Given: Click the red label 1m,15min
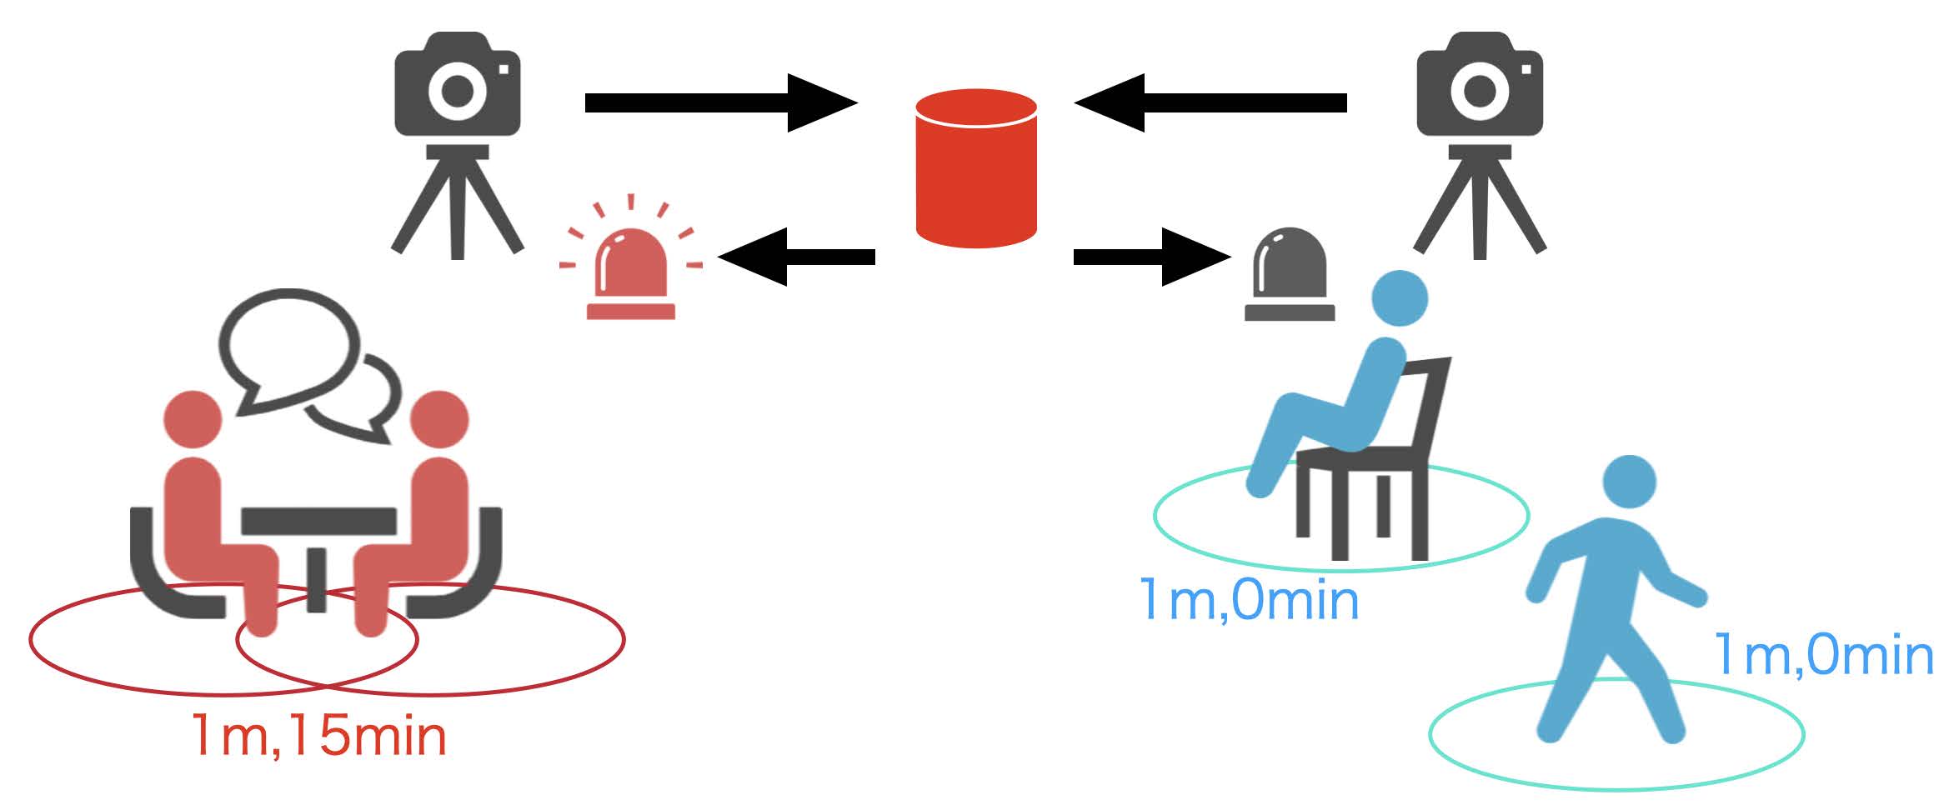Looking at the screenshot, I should point(319,736).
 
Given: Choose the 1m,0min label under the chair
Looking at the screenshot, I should point(1248,600).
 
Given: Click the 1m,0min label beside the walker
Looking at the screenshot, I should point(1823,655).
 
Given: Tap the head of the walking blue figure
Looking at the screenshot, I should point(1629,482).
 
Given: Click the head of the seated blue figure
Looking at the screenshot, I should point(1400,298).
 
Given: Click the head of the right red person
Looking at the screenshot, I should point(439,419).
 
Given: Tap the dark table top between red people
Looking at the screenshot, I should point(318,522).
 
